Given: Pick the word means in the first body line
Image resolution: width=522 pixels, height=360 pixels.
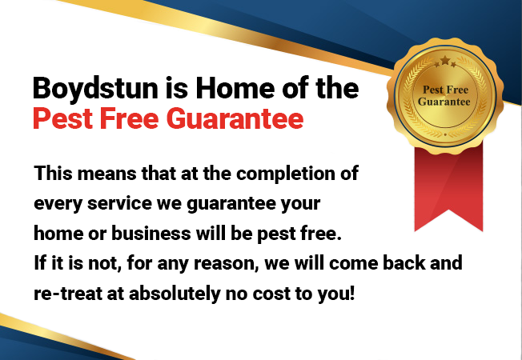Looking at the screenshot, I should pos(98,174).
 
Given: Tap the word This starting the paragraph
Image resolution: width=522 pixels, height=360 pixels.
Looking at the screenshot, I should pos(51,174).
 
